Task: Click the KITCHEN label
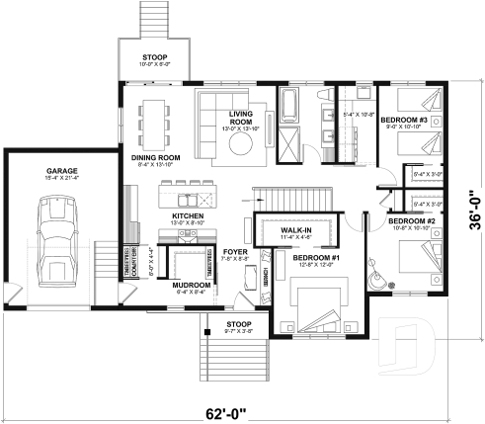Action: tap(188, 214)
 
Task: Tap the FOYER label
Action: tap(234, 251)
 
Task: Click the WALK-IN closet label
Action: tap(297, 229)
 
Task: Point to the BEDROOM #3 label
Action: tap(407, 121)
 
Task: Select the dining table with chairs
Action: tap(155, 118)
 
